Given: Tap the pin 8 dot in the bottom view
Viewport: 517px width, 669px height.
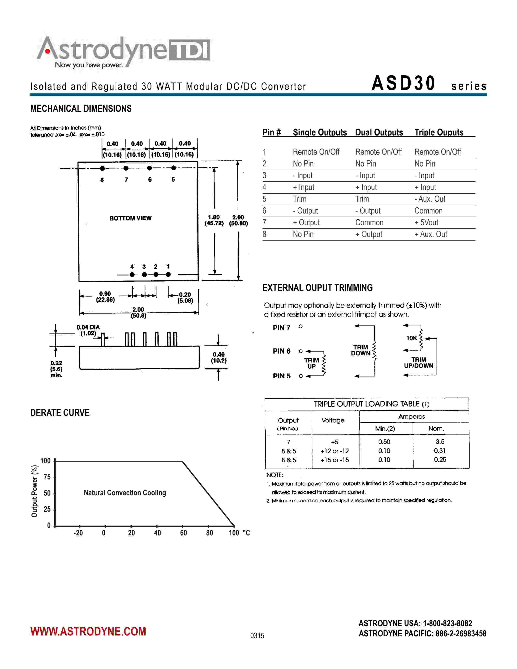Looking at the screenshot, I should (x=102, y=168).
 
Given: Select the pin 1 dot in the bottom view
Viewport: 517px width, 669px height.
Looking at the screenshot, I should (x=168, y=274).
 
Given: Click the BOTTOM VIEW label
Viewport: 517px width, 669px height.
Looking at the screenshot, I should (x=131, y=218).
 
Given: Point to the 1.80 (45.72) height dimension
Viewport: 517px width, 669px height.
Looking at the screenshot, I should (x=214, y=220).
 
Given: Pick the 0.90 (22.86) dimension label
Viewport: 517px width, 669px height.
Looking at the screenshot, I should (x=105, y=297).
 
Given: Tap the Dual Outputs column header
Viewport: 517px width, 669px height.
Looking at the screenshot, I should (x=379, y=132).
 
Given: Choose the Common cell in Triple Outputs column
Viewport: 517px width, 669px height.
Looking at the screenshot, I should (x=428, y=211).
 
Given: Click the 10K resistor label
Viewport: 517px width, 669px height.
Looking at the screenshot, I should (x=411, y=338).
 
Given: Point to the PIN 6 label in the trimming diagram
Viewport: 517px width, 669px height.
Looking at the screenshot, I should (x=281, y=351).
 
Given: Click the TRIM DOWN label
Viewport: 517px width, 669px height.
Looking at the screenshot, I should (x=360, y=350).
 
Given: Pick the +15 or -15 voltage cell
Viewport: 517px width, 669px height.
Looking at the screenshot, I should (x=335, y=460).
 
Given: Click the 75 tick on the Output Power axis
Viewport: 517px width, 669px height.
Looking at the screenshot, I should (x=47, y=477).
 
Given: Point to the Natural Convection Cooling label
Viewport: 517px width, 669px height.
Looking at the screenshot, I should (x=125, y=493).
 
